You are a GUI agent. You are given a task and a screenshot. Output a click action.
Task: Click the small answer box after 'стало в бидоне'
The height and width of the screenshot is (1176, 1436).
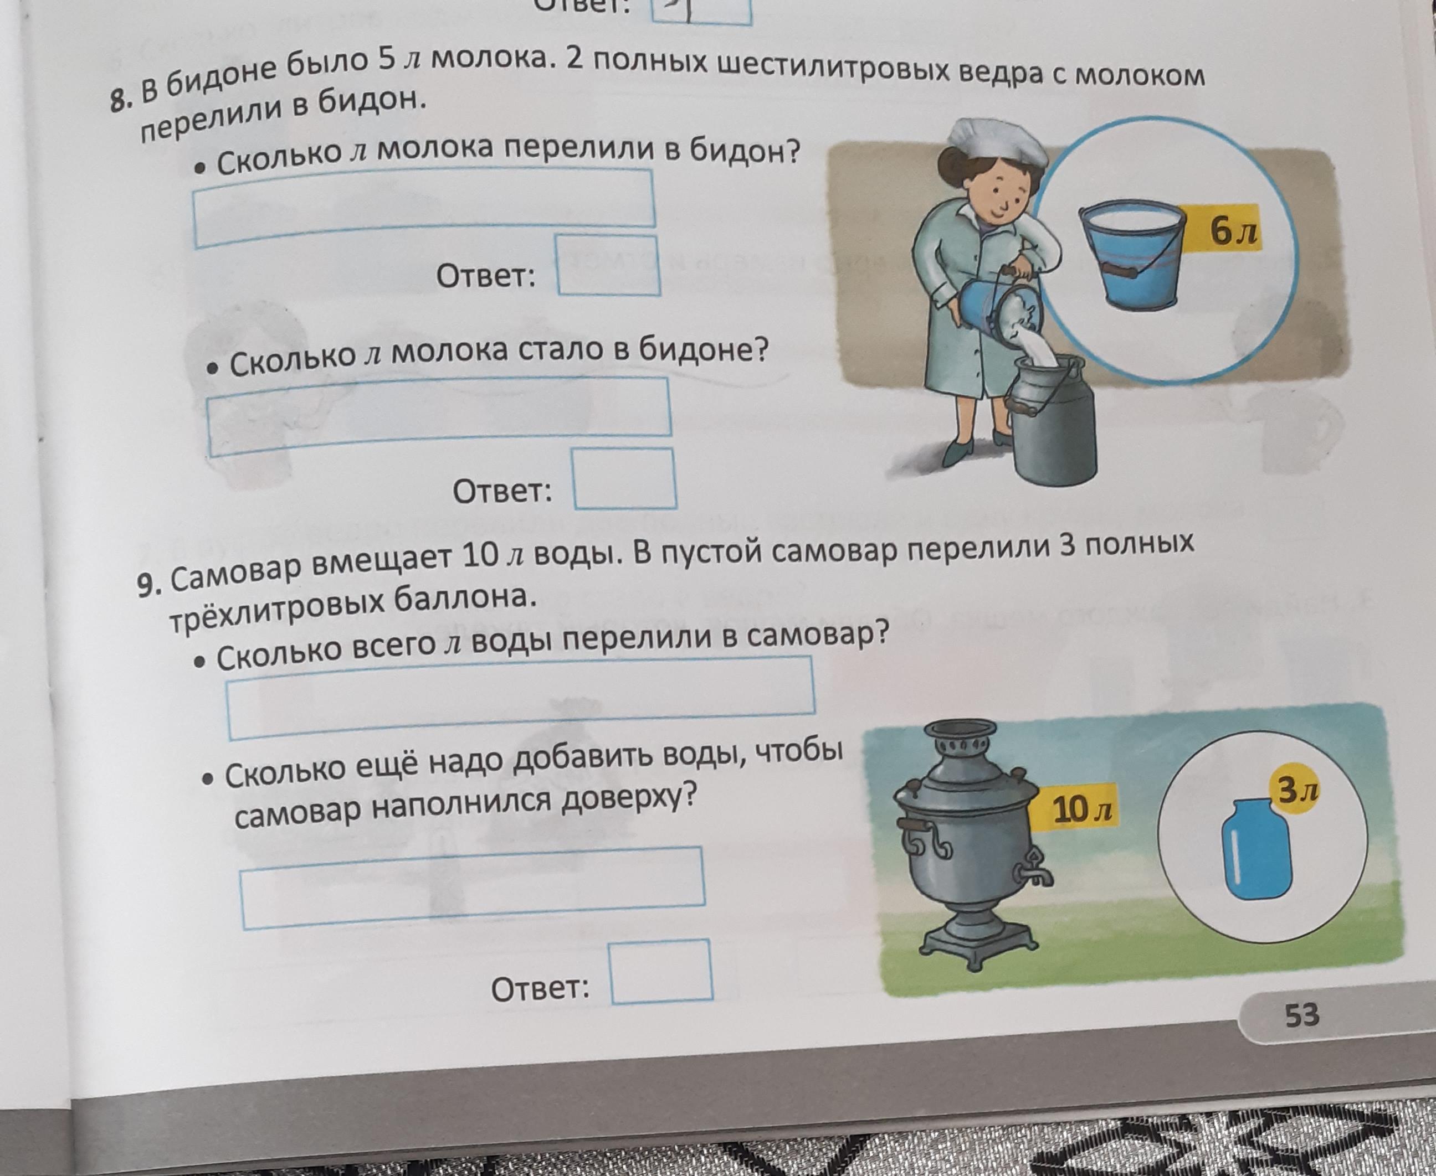click(x=624, y=479)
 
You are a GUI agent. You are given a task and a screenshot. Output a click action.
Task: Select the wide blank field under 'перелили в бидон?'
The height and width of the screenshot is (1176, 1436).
click(x=424, y=207)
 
